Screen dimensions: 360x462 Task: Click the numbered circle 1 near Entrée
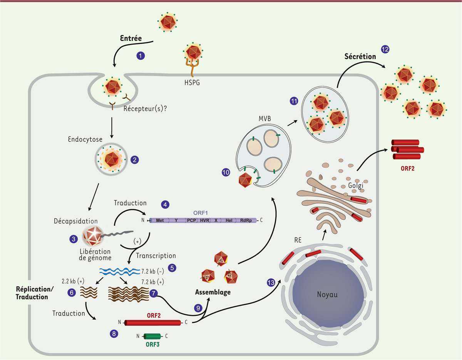pyautogui.click(x=141, y=56)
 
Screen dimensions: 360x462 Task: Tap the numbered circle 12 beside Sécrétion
pyautogui.click(x=385, y=49)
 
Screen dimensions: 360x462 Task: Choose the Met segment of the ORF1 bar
pyautogui.click(x=160, y=220)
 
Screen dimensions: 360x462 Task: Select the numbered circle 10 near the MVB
pyautogui.click(x=226, y=173)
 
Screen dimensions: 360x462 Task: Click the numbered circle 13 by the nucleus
pyautogui.click(x=271, y=282)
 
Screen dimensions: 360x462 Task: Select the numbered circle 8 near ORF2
pyautogui.click(x=114, y=334)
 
